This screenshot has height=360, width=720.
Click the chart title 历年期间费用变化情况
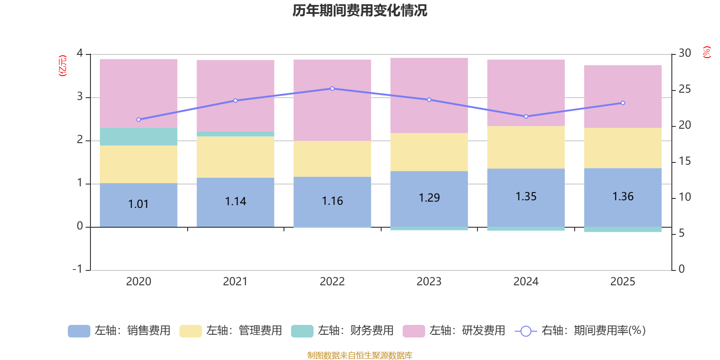click(x=360, y=10)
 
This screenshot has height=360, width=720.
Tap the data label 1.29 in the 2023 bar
click(x=429, y=198)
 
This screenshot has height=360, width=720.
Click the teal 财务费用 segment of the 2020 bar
click(x=138, y=137)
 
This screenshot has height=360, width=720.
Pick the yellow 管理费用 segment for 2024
click(x=526, y=147)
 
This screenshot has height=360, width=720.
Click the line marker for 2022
click(x=332, y=89)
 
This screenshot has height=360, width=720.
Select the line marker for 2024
click(x=526, y=117)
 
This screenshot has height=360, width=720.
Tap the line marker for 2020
click(x=138, y=120)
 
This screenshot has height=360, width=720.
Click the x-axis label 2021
click(x=235, y=281)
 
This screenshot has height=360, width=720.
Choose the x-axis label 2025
click(x=622, y=281)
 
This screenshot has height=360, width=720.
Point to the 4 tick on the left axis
click(x=80, y=53)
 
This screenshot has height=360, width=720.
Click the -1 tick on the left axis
click(x=78, y=269)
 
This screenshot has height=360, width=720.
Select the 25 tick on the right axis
click(x=684, y=89)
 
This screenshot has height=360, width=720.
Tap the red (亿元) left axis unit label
click(x=63, y=66)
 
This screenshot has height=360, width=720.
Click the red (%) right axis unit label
click(x=706, y=52)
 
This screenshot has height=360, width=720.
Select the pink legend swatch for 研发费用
click(x=414, y=331)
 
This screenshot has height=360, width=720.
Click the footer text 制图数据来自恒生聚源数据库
click(x=360, y=355)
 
